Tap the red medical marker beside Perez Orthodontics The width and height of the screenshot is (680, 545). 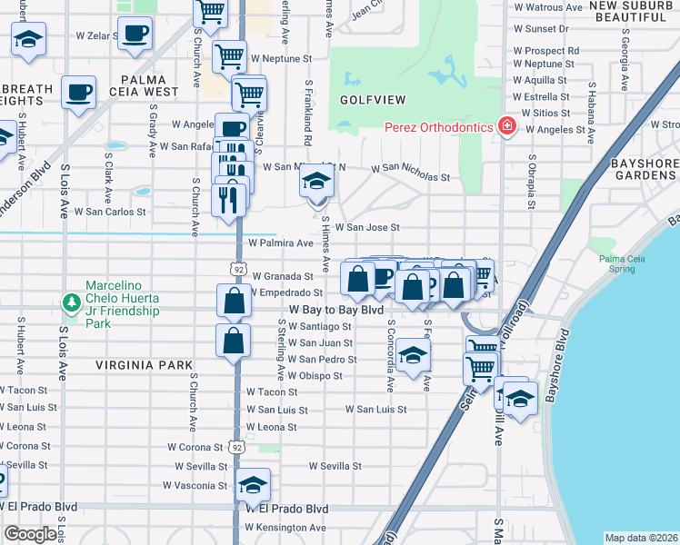tap(505, 128)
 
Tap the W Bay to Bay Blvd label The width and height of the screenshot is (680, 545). tap(335, 310)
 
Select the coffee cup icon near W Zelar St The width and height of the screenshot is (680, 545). tap(135, 35)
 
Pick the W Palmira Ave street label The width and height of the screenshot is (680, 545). tap(281, 243)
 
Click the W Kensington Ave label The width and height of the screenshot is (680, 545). tap(285, 527)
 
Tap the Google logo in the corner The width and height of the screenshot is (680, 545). tap(30, 534)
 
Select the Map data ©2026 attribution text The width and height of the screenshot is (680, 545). tap(641, 538)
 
